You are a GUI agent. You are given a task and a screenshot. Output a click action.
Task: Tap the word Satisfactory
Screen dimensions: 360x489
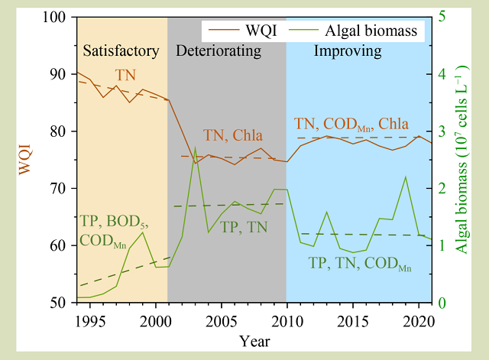coord(121,52)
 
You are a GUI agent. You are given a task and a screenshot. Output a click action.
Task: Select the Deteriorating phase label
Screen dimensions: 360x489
coord(219,52)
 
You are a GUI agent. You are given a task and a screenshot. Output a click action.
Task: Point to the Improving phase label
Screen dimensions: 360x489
coord(348,52)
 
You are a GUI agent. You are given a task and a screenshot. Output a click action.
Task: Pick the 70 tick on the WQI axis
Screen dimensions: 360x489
coord(61,189)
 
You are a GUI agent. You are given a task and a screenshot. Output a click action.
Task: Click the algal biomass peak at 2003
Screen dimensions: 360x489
coord(195,148)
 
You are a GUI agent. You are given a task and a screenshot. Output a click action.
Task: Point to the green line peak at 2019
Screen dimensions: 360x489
coord(406,177)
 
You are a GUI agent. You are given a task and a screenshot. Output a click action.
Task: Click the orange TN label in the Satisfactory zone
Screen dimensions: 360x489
coord(127,75)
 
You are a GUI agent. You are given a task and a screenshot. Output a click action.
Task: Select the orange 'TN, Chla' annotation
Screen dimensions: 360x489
coord(232,136)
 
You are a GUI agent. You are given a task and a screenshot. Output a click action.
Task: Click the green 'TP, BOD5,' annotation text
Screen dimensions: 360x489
coord(114,222)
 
